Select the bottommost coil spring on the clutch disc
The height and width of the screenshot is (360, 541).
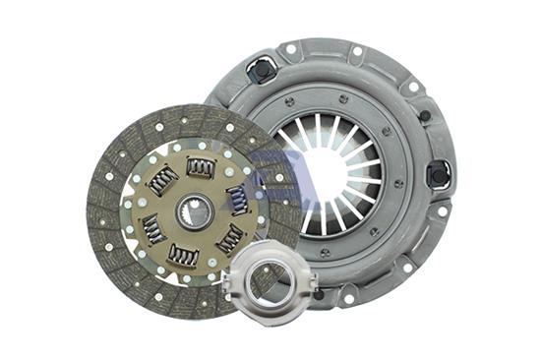[x=183, y=255]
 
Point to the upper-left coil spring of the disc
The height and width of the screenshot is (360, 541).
[x=162, y=180]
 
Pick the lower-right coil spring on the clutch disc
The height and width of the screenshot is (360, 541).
[x=228, y=239]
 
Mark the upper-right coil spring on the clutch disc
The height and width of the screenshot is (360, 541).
[x=237, y=199]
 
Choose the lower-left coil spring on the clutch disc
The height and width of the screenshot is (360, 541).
[x=152, y=229]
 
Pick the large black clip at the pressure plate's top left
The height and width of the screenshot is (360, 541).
[x=261, y=70]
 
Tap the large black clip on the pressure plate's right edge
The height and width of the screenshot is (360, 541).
[x=438, y=174]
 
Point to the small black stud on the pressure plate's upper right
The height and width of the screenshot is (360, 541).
[x=425, y=116]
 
